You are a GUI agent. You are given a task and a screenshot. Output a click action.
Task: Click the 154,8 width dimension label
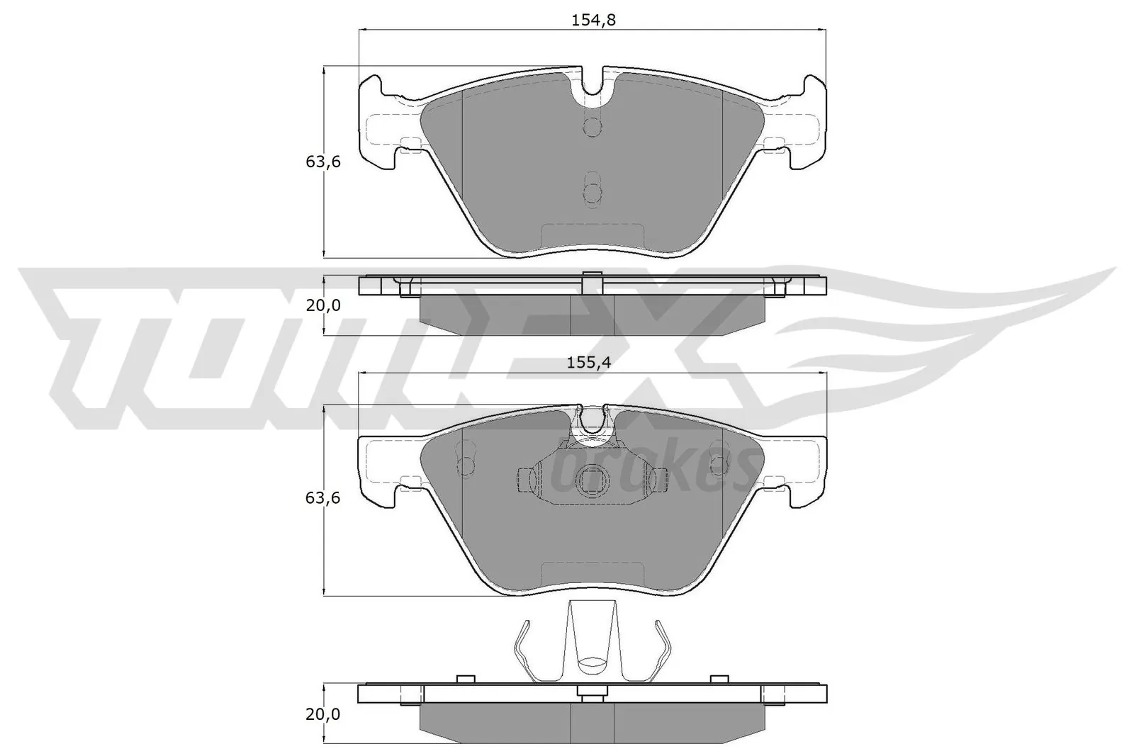(x=593, y=21)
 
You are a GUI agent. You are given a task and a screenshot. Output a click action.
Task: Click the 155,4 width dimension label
(x=589, y=363)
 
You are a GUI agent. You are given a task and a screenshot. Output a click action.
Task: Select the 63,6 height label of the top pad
(x=323, y=162)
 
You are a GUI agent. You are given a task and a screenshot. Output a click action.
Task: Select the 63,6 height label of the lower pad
(x=323, y=498)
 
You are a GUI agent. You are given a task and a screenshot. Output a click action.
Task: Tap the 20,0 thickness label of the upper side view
(x=323, y=305)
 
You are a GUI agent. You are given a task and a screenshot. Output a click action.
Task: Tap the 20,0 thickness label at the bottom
(x=323, y=715)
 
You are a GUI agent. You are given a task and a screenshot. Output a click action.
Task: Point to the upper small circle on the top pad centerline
(x=593, y=127)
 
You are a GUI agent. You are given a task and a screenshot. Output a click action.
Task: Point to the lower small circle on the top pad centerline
(x=593, y=192)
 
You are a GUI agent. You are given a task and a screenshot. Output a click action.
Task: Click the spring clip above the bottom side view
(x=592, y=641)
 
